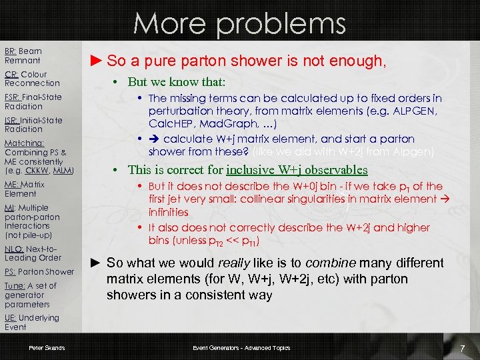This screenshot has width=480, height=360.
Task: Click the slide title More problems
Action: click(239, 24)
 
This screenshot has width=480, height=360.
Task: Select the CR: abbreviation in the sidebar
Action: click(11, 75)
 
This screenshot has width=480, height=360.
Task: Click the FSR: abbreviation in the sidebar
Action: click(13, 97)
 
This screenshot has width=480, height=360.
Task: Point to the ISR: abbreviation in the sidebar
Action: click(13, 120)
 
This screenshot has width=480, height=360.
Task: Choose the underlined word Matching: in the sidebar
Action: click(24, 143)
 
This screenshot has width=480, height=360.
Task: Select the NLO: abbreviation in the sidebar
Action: click(14, 249)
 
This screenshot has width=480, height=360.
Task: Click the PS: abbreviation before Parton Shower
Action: click(10, 271)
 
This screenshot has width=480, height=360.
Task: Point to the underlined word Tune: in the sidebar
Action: click(15, 286)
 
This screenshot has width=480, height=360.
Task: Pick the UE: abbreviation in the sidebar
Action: click(11, 318)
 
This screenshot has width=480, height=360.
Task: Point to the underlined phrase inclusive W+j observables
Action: click(297, 170)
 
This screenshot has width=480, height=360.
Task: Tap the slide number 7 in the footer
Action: click(461, 349)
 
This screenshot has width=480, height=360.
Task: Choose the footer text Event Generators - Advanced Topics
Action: click(241, 348)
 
